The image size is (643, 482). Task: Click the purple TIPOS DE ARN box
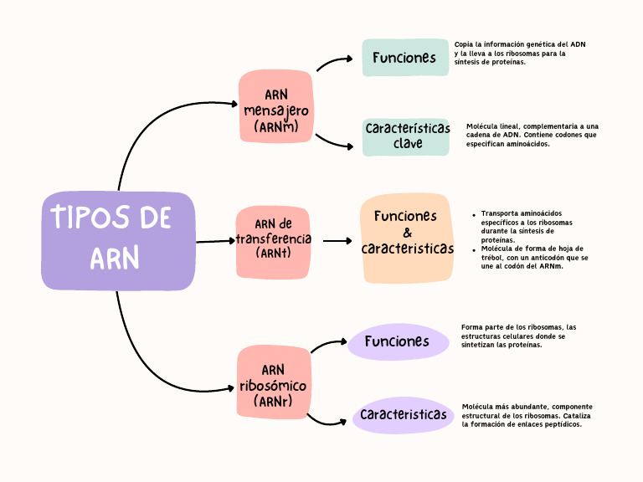click(x=117, y=241)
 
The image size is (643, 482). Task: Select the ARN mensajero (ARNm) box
click(x=275, y=105)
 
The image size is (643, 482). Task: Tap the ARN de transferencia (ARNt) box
click(x=273, y=241)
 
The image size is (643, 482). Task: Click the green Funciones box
click(x=405, y=58)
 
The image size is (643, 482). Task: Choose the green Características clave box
click(x=406, y=136)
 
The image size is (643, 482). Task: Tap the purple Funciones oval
click(x=397, y=341)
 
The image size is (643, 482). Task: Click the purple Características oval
click(x=403, y=415)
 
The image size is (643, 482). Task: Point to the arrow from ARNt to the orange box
click(x=337, y=241)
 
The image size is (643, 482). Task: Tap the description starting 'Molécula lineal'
click(x=532, y=135)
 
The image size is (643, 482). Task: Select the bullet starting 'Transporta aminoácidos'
click(x=527, y=226)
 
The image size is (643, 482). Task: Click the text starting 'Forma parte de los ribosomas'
click(x=518, y=336)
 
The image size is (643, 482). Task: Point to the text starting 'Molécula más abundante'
click(x=527, y=415)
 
